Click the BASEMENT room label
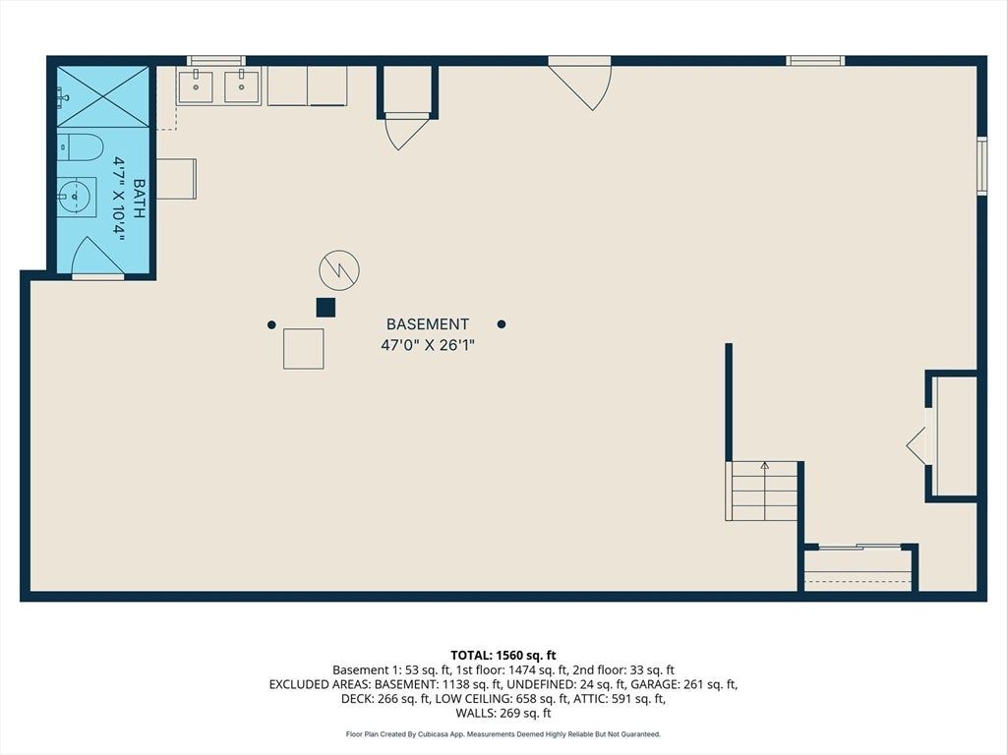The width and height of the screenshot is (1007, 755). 427,324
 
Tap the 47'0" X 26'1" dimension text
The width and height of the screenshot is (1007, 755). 428,345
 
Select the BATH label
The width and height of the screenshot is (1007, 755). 139,199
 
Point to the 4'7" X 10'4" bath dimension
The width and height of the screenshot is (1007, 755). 119,199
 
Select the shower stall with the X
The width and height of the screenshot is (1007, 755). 103,96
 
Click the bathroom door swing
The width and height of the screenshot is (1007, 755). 97,258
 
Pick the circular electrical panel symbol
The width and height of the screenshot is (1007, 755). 339,270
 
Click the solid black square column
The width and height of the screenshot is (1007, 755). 326,308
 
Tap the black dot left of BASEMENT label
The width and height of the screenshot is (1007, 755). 271,324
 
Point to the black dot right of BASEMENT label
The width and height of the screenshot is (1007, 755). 502,324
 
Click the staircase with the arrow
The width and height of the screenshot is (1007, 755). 762,491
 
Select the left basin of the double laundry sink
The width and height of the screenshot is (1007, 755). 196,87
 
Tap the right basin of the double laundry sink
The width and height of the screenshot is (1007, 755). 242,87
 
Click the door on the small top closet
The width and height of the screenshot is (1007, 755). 405,132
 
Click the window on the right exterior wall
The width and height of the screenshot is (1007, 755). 982,165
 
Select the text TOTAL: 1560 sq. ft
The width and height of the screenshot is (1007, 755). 503,656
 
